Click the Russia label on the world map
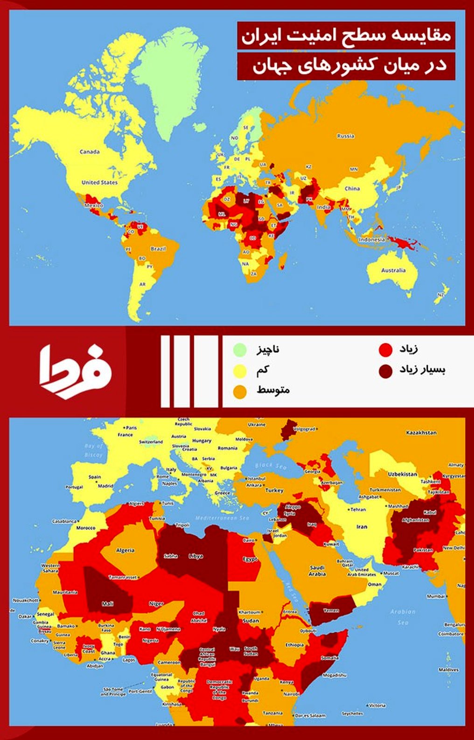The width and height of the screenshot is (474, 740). pyautogui.click(x=345, y=136)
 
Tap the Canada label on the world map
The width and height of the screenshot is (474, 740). pyautogui.click(x=89, y=151)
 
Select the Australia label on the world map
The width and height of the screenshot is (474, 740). pyautogui.click(x=393, y=270)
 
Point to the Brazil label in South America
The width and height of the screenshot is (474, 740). pyautogui.click(x=158, y=249)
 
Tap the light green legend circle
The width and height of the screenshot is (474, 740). pyautogui.click(x=240, y=349)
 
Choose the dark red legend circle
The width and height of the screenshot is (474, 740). pyautogui.click(x=385, y=371)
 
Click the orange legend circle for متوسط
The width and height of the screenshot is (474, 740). pyautogui.click(x=240, y=391)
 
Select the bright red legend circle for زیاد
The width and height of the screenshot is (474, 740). pyautogui.click(x=385, y=349)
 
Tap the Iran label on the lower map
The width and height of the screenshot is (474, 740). pyautogui.click(x=362, y=527)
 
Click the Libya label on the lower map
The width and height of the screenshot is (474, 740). pyautogui.click(x=195, y=556)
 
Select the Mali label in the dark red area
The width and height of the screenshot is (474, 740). pyautogui.click(x=107, y=604)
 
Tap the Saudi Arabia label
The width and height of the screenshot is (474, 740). pyautogui.click(x=317, y=571)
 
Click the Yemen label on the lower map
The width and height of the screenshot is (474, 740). pyautogui.click(x=331, y=610)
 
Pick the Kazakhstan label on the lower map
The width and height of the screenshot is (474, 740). pyautogui.click(x=421, y=432)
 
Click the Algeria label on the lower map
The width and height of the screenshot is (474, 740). pyautogui.click(x=125, y=550)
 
